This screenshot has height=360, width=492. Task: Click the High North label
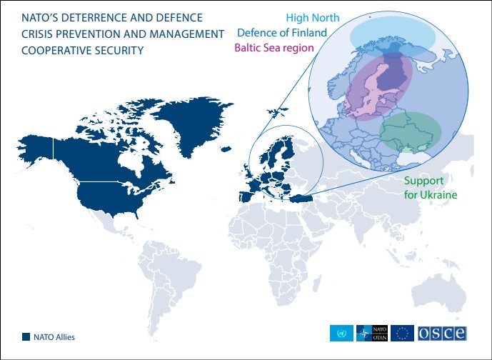pyautogui.click(x=313, y=18)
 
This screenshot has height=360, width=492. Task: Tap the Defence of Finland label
pyautogui.click(x=282, y=33)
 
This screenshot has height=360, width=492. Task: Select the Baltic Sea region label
pyautogui.click(x=274, y=48)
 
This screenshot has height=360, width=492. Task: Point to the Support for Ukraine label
pyautogui.click(x=430, y=188)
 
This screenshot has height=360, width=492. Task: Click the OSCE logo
pyautogui.click(x=442, y=334)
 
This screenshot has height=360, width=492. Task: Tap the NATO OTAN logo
pyautogui.click(x=372, y=334)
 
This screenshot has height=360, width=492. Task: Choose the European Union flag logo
pyautogui.click(x=402, y=334)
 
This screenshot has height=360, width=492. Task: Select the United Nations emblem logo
pyautogui.click(x=341, y=334)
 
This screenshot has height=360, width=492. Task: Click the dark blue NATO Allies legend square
pyautogui.click(x=26, y=336)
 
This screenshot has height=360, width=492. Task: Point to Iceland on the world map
pyautogui.click(x=226, y=149)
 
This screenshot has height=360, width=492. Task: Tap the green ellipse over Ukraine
pyautogui.click(x=411, y=131)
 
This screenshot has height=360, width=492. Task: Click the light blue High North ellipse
pyautogui.click(x=393, y=36)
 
